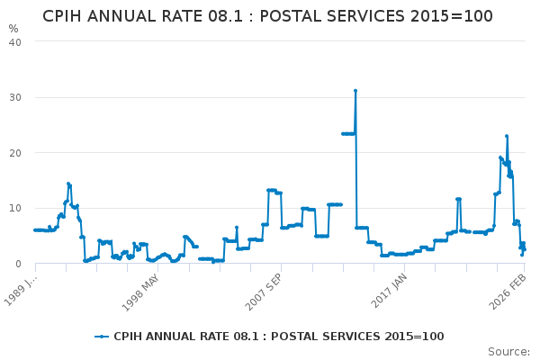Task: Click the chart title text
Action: pos(267,16)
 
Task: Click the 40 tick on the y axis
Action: pos(14,41)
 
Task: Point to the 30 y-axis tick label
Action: pos(14,97)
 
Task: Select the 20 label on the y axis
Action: pos(14,153)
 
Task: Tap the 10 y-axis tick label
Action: pos(14,209)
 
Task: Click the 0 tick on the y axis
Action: pos(18,265)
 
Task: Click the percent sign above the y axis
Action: pos(13,29)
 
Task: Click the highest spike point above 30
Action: pos(355,91)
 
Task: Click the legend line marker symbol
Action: pos(102,337)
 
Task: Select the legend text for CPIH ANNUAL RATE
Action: pos(278,337)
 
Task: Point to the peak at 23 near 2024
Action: pos(507,136)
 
